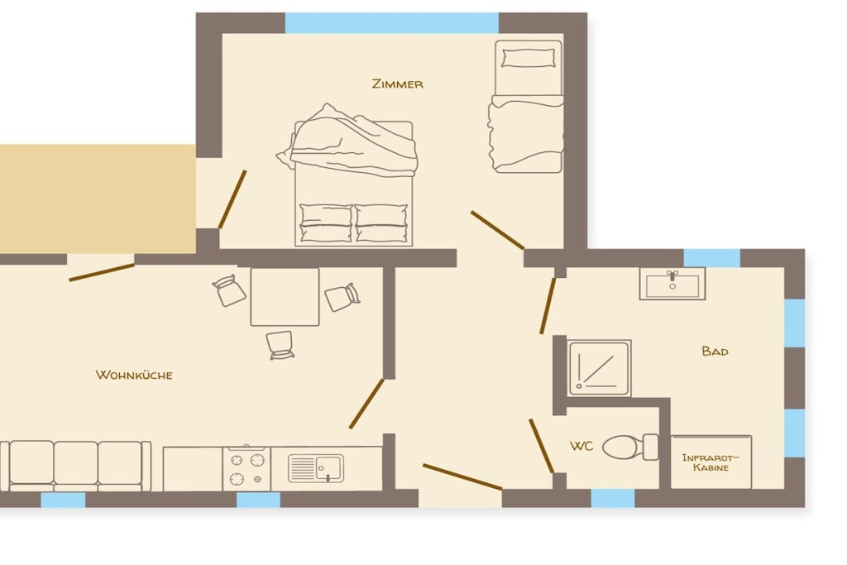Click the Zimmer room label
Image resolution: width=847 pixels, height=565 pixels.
point(398,84)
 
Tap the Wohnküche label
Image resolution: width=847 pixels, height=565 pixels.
point(134,375)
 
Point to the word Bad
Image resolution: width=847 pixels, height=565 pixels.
point(715,351)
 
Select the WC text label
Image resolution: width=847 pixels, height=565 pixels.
point(581,446)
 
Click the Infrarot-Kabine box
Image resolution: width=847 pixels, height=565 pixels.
point(711,462)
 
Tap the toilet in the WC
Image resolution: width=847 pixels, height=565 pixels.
point(630,448)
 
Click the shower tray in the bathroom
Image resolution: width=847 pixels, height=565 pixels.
point(599,368)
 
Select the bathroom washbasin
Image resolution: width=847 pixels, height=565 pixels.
point(672,284)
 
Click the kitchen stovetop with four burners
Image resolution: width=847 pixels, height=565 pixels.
point(246,469)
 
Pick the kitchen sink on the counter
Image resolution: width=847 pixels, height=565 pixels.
point(316,467)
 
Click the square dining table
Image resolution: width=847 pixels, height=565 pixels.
point(285,296)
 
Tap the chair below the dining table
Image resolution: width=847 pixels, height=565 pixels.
point(280,345)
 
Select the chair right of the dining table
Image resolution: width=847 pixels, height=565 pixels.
point(342,297)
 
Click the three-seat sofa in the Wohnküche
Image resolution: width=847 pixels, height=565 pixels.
point(75,466)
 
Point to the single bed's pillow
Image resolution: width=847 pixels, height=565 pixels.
point(529,58)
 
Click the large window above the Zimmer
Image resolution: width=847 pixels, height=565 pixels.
point(391,23)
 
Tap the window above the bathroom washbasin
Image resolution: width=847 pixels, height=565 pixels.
point(711,258)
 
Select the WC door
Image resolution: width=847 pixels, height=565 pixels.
point(541,446)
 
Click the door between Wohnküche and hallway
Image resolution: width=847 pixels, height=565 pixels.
point(366,404)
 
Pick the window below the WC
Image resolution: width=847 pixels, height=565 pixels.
point(613,498)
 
